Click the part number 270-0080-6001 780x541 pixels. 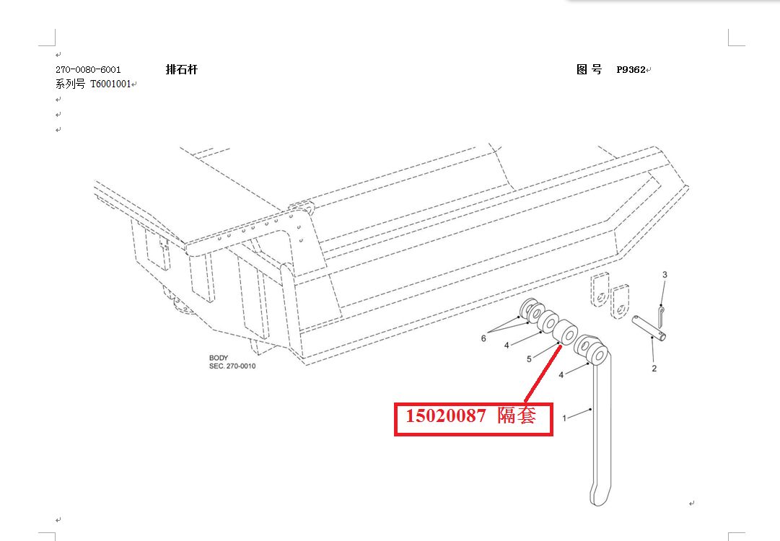click(x=88, y=70)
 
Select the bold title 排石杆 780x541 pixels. click(x=182, y=70)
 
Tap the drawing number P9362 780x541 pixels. click(x=631, y=70)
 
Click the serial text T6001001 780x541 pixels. click(x=110, y=84)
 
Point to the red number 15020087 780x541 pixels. click(x=446, y=415)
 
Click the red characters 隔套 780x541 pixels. click(x=517, y=415)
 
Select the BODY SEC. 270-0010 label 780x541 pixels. click(x=232, y=362)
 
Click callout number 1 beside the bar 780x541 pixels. click(x=564, y=418)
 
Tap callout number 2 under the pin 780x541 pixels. click(x=654, y=369)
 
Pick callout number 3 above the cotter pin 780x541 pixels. click(x=665, y=275)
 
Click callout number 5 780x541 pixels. click(x=529, y=359)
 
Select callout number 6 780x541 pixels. click(x=483, y=338)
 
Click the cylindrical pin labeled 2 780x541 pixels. click(x=649, y=328)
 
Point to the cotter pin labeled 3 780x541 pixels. click(x=661, y=317)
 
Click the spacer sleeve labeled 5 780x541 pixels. click(x=565, y=333)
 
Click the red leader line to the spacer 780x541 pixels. click(x=543, y=373)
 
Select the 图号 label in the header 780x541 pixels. click(x=589, y=70)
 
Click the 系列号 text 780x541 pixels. click(x=70, y=84)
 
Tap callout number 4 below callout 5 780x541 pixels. click(x=561, y=375)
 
